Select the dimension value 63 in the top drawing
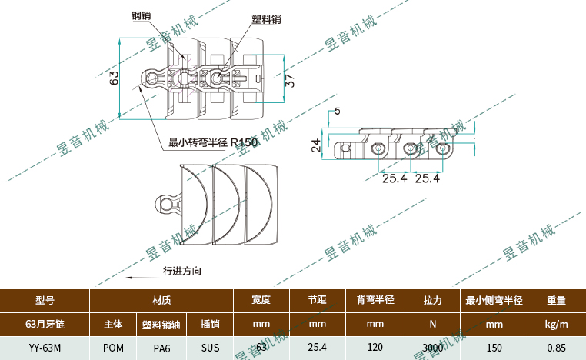113,78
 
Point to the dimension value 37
290,80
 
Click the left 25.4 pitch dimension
394,178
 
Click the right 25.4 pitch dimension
427,178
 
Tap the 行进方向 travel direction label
182,271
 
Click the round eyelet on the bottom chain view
166,203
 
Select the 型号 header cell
45,301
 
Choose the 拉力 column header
433,301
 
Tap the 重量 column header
556,301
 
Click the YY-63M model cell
45,348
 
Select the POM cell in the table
113,348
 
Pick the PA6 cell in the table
161,348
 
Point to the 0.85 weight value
556,348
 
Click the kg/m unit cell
556,325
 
